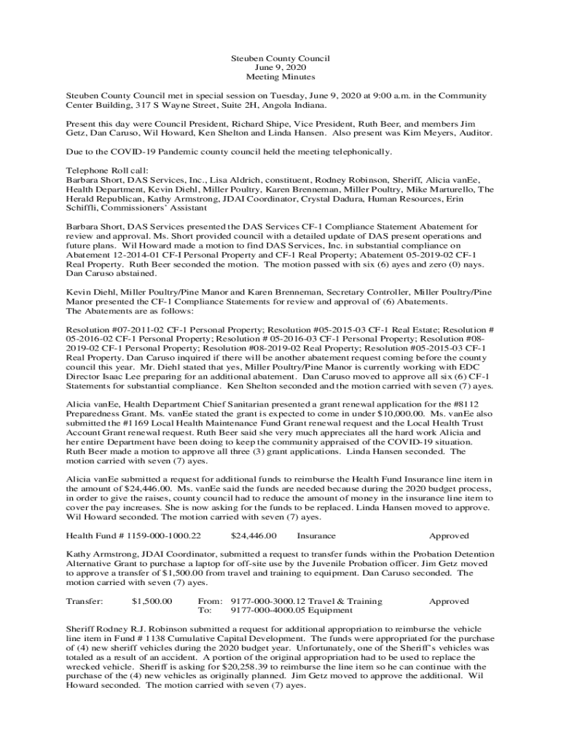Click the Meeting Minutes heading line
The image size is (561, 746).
[x=280, y=77]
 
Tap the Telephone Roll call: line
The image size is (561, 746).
[x=106, y=170]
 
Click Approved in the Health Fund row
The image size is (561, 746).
[x=449, y=536]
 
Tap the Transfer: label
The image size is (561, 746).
[x=85, y=601]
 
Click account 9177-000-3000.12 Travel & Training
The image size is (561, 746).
[x=306, y=601]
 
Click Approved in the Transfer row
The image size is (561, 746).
[x=449, y=601]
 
